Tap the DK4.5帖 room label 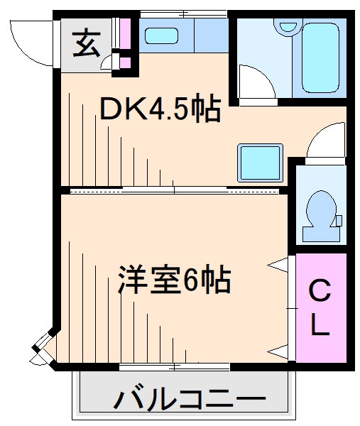pos(159,111)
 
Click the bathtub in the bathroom pos(312,57)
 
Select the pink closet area pos(320,309)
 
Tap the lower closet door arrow pos(280,350)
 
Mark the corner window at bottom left pos(43,348)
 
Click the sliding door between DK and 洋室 pos(174,190)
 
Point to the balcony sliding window pos(174,366)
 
